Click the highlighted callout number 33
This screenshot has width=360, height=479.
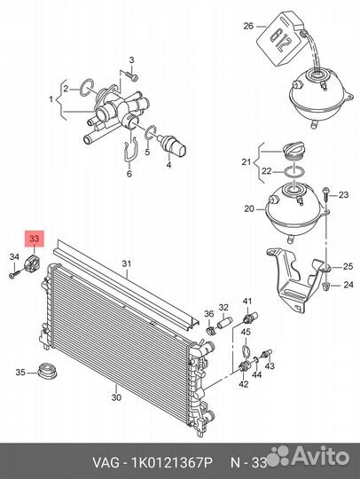coord(34,238)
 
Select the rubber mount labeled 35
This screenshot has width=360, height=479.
coord(47,370)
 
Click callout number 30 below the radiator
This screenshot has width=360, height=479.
coord(116,397)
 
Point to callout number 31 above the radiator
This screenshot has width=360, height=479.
coord(127,263)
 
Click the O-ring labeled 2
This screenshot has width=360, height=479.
coord(86,87)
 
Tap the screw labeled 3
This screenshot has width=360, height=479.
coord(131,75)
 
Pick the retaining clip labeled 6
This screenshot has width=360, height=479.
coord(130,150)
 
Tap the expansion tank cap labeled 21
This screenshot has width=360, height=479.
coord(293,150)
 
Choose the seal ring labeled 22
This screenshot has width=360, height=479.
coord(293,172)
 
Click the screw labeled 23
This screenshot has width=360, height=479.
coord(326,193)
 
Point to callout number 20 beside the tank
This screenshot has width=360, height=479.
coord(249,208)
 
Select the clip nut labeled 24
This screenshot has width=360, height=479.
coord(326,287)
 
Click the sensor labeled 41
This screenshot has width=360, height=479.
coord(250,318)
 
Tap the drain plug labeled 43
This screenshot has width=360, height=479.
coord(266,353)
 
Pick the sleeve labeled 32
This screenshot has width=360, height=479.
coord(224,322)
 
